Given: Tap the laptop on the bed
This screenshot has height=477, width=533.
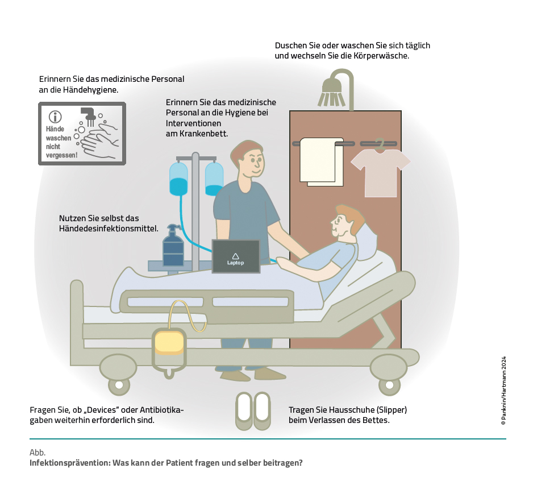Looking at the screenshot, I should pos(236,256).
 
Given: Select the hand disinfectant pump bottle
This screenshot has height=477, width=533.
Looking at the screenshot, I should pos(173,247).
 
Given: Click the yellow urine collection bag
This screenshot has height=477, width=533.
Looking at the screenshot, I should pos(169,342).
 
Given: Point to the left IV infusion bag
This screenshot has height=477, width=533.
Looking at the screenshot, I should pos(178,179).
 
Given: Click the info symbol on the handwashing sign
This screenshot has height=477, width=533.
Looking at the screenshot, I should pos(55,117).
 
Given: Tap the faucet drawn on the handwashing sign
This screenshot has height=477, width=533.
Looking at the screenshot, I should pos(88,113).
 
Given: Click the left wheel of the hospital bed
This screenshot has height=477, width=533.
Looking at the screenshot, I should pos(119,385).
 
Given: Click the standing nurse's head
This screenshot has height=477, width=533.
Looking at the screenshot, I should pos(248,160).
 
